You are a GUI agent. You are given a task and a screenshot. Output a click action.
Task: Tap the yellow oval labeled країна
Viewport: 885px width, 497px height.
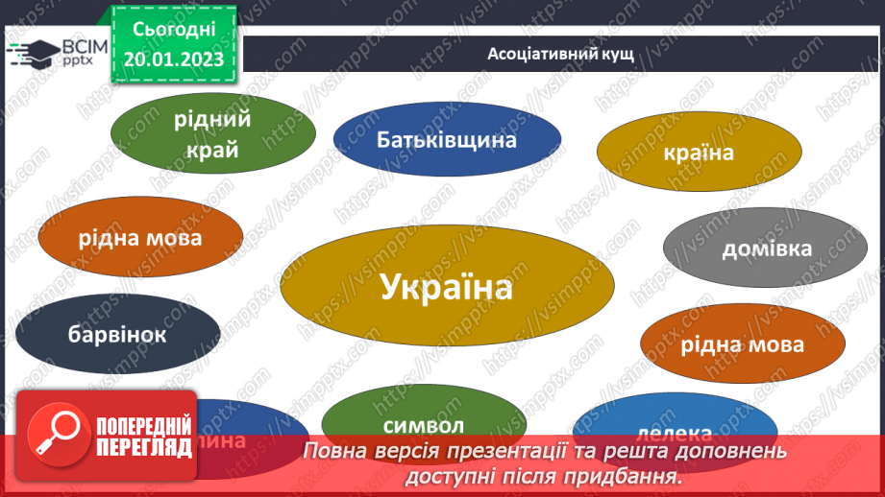pyautogui.click(x=699, y=154)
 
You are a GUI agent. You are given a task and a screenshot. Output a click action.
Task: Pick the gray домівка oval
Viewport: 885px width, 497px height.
pyautogui.click(x=766, y=248)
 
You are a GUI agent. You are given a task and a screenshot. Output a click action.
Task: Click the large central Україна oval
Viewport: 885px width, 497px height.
pyautogui.click(x=446, y=286)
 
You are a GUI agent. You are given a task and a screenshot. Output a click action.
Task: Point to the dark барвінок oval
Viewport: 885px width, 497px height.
pyautogui.click(x=117, y=335)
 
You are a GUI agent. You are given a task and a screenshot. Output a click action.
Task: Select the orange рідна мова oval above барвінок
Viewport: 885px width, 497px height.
pyautogui.click(x=140, y=237)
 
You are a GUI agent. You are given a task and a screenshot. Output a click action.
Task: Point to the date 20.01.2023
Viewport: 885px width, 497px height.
pyautogui.click(x=172, y=59)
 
